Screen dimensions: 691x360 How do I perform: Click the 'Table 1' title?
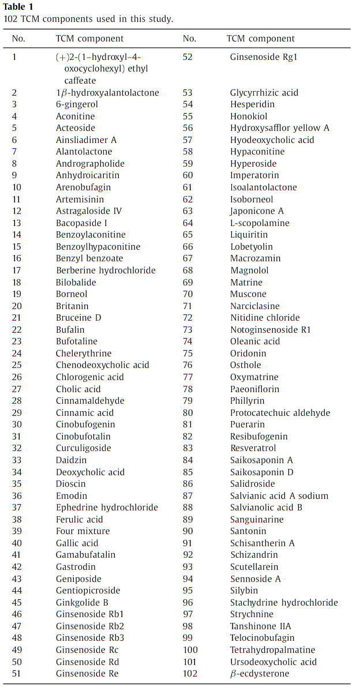point(18,7)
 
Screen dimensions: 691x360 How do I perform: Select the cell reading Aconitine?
point(75,116)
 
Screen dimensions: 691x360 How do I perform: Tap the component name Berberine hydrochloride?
point(106,271)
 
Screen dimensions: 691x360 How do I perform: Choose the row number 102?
point(190,674)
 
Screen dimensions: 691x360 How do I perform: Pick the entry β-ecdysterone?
point(260,674)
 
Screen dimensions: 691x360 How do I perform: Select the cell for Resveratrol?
point(253,448)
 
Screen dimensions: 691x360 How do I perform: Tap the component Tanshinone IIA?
point(260,626)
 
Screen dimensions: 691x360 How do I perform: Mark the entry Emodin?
point(72,496)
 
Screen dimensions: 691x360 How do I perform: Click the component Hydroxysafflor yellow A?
point(279,128)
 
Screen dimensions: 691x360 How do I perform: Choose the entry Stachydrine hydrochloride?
point(284,603)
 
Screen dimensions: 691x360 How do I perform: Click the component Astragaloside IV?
point(88,211)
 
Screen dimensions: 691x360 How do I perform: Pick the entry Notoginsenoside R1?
point(271,330)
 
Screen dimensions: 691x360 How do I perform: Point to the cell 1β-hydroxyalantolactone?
point(107,93)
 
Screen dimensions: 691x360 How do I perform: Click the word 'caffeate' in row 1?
point(80,81)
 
